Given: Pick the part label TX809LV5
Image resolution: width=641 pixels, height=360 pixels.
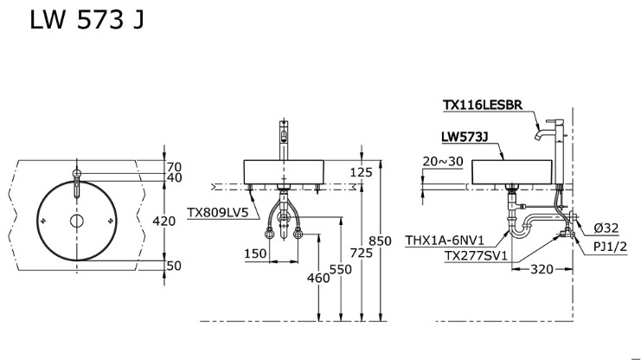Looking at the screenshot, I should coord(217,210).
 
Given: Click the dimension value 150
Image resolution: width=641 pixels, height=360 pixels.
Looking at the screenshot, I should coord(255,254).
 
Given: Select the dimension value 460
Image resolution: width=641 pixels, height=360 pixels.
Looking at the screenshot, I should coord(319,278).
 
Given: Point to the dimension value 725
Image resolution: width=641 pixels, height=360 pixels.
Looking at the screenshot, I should coord(362,253).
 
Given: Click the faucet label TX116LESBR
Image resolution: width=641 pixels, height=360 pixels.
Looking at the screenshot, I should coord(482,105).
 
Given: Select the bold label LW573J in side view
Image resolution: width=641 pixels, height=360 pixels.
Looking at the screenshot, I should coord(465,137).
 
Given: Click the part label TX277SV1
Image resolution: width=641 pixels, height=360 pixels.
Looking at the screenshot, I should coord(476,256).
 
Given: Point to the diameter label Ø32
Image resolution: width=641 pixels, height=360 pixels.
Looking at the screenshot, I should coord(607,228).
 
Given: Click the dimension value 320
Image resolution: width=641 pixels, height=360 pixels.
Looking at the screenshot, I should coord(541,269).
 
